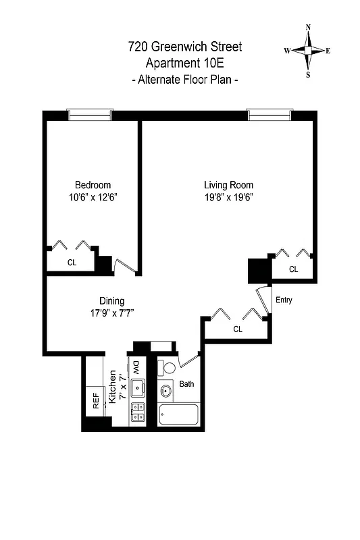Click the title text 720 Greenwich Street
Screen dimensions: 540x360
point(184,47)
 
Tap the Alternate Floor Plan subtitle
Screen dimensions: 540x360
point(184,80)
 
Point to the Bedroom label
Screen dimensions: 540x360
point(93,185)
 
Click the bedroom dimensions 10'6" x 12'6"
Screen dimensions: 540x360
point(93,197)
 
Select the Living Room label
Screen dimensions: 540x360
point(228,185)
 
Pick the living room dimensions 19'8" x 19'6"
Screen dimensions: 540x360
point(228,197)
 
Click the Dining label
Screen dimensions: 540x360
point(111,301)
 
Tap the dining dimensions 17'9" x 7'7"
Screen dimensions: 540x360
point(111,313)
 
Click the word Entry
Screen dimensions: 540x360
point(284,300)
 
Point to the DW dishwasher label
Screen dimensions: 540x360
point(136,367)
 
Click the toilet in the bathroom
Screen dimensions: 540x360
point(168,369)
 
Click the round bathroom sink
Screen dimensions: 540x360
point(165,390)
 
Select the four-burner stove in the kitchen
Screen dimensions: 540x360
point(138,411)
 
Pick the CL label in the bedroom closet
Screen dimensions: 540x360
point(71,263)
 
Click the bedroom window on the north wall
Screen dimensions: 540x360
point(89,115)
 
